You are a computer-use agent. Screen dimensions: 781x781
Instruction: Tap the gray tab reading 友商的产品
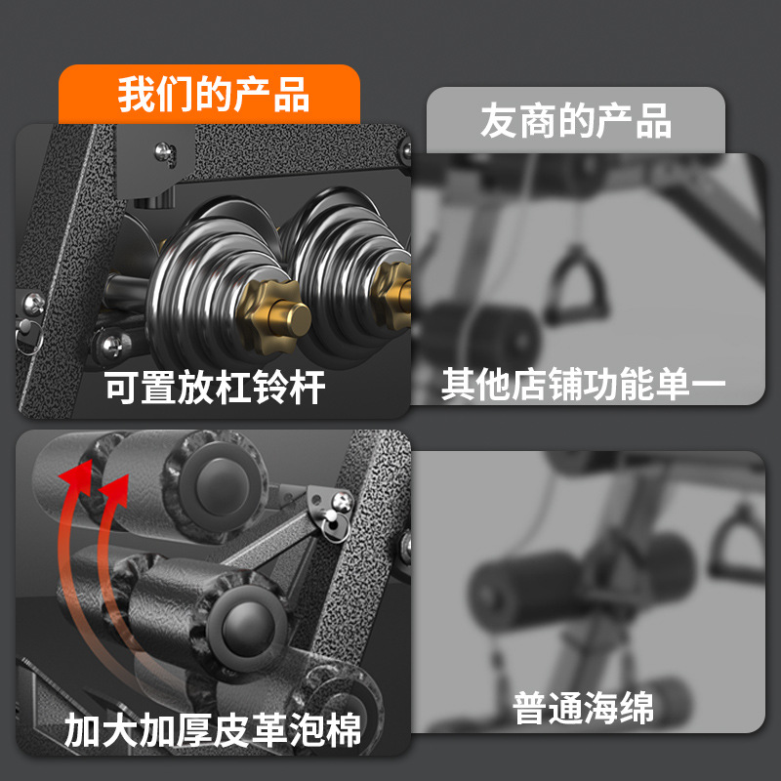575,122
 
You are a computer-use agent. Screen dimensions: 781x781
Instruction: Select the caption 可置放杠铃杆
215,389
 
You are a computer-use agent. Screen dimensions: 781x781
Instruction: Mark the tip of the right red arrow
118,480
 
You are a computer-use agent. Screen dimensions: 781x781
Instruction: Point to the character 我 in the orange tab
136,95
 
